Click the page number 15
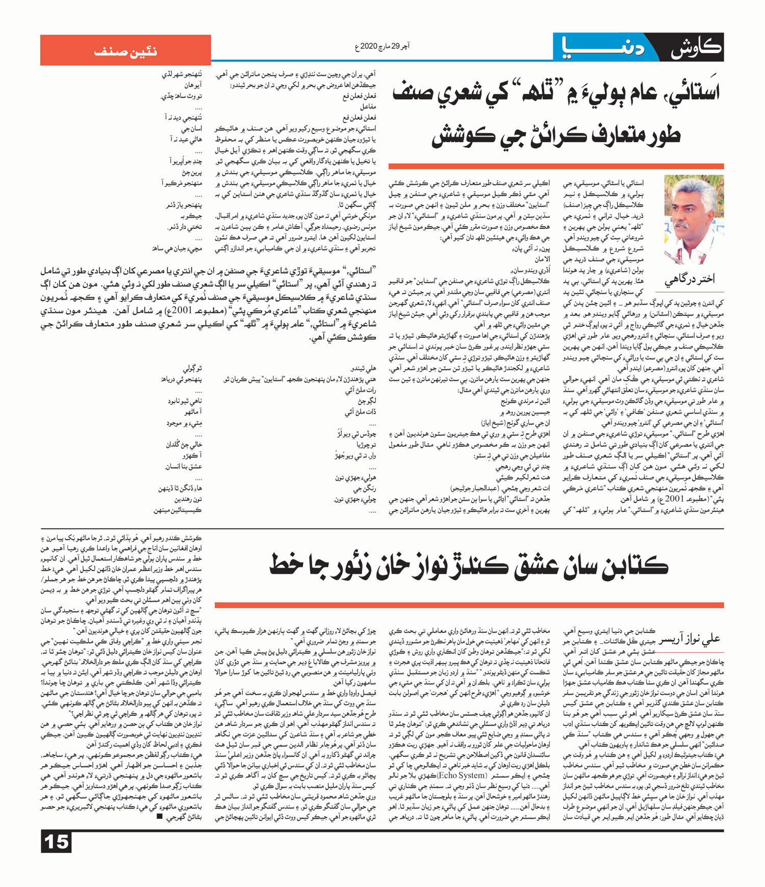(x=56, y=842)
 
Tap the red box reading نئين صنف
(x=125, y=50)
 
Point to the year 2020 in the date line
(x=368, y=47)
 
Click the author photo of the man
(x=694, y=219)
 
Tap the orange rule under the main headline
(x=556, y=166)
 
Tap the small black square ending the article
(x=160, y=816)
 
